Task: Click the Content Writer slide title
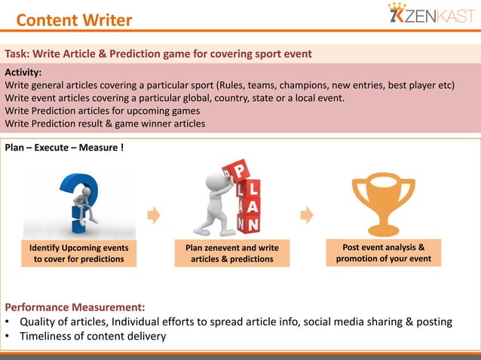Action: tap(74, 20)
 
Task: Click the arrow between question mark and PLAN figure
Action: tap(154, 215)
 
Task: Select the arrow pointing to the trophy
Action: tap(306, 215)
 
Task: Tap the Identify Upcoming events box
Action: tap(78, 254)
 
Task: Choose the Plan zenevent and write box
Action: tap(231, 254)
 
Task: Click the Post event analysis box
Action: tap(383, 253)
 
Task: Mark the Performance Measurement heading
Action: tap(75, 307)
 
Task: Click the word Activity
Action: tap(27, 72)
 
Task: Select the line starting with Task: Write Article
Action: tap(158, 54)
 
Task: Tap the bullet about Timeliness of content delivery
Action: tap(90, 336)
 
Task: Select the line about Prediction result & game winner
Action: tap(105, 124)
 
